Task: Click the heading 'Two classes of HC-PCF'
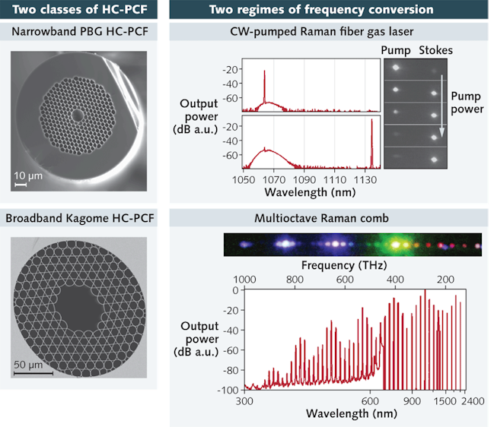click(x=79, y=10)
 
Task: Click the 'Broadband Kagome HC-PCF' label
click(x=79, y=220)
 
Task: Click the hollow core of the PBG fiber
click(x=78, y=115)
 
